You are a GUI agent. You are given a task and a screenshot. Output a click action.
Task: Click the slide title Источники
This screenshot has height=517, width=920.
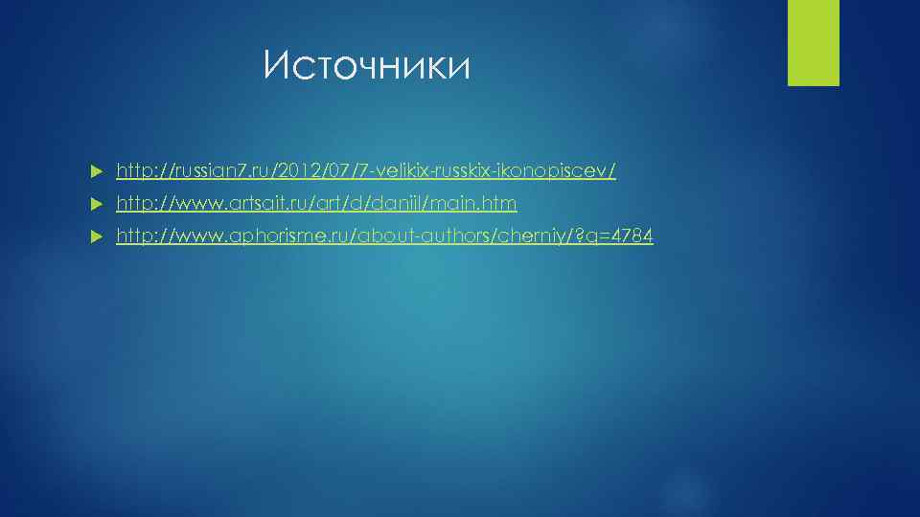point(367,66)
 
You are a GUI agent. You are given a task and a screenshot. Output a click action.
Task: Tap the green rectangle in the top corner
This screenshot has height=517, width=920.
point(813,42)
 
